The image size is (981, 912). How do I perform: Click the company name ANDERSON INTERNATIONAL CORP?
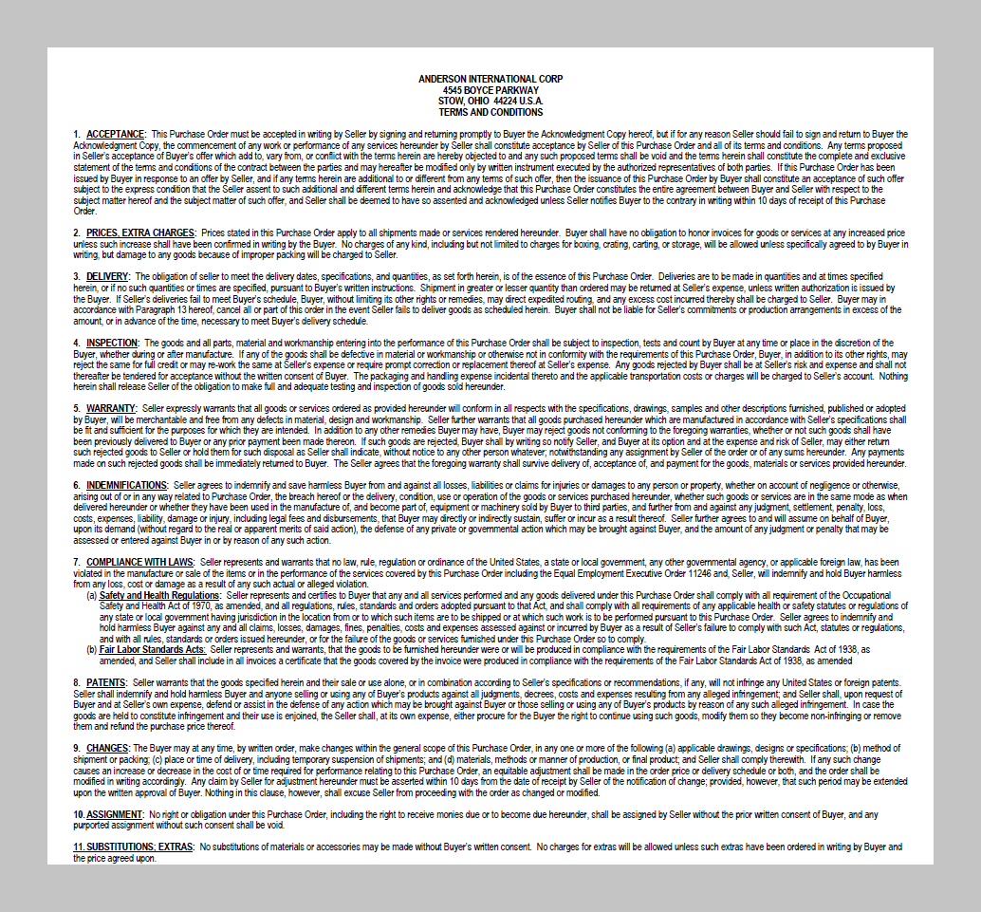click(490, 79)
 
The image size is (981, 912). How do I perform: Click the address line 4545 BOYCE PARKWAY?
click(490, 90)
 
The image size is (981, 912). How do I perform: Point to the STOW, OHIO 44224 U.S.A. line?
click(490, 101)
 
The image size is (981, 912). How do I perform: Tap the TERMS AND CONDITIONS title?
click(490, 112)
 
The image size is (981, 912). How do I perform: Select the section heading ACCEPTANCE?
click(116, 135)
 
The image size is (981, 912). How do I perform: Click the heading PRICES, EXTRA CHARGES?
click(141, 233)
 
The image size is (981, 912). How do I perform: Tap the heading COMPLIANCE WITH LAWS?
click(132, 562)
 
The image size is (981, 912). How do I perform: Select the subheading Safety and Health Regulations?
click(159, 595)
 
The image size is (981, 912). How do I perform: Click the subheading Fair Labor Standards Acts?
click(152, 649)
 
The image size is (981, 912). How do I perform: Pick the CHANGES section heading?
click(107, 749)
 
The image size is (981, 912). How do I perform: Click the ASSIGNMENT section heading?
click(115, 814)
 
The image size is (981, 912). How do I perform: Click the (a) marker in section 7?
click(92, 595)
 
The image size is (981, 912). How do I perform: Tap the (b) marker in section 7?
click(92, 649)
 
